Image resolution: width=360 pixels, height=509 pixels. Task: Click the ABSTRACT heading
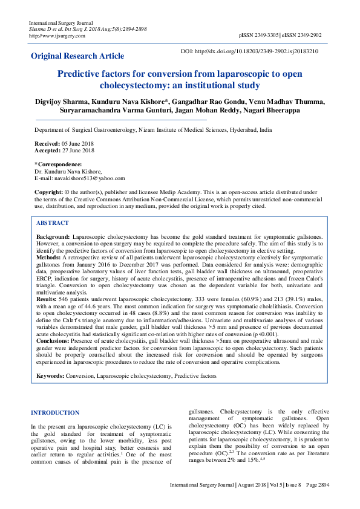53,223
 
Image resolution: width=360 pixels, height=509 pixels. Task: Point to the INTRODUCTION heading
54,413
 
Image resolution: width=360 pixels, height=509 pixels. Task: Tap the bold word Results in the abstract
48,299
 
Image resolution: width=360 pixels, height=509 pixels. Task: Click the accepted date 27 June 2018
77,151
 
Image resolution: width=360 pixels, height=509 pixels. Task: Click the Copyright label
48,192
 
